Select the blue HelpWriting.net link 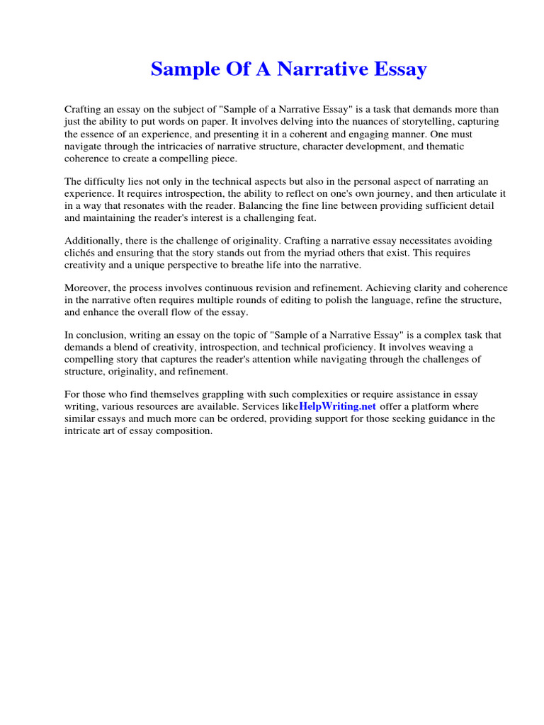click(x=338, y=407)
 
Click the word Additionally click(x=95, y=241)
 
